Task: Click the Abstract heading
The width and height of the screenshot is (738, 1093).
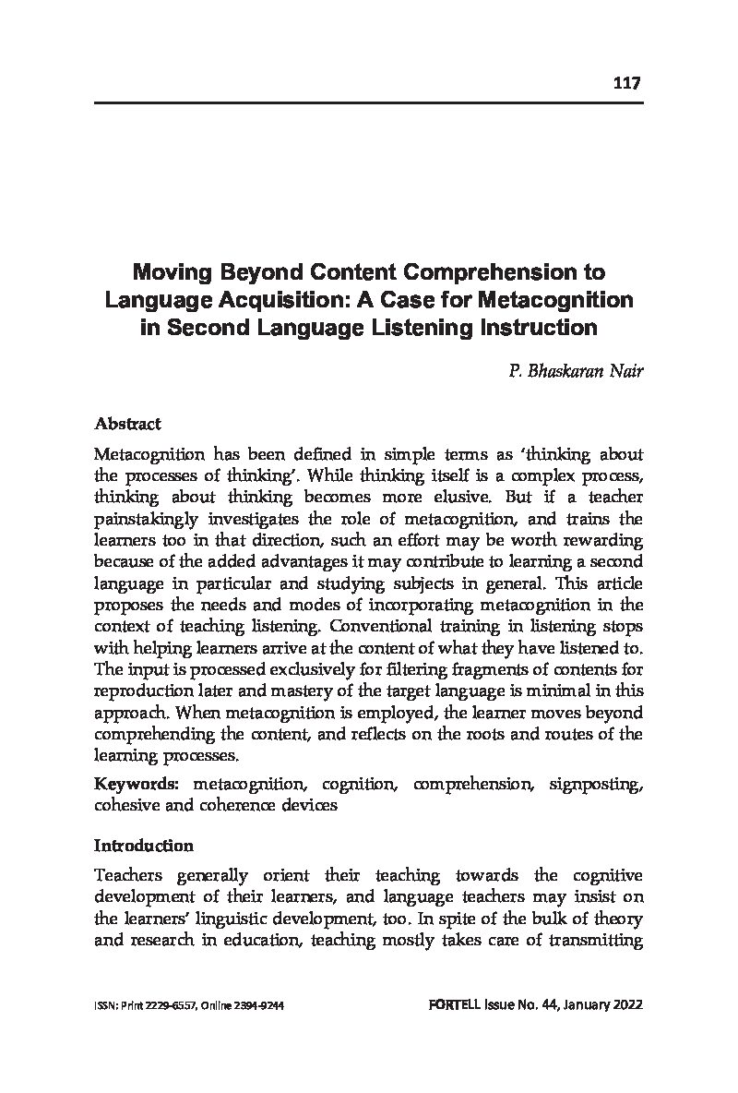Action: (x=127, y=424)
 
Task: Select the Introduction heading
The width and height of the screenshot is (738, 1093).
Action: (x=143, y=846)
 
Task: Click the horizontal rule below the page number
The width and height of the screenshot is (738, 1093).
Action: (x=368, y=102)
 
